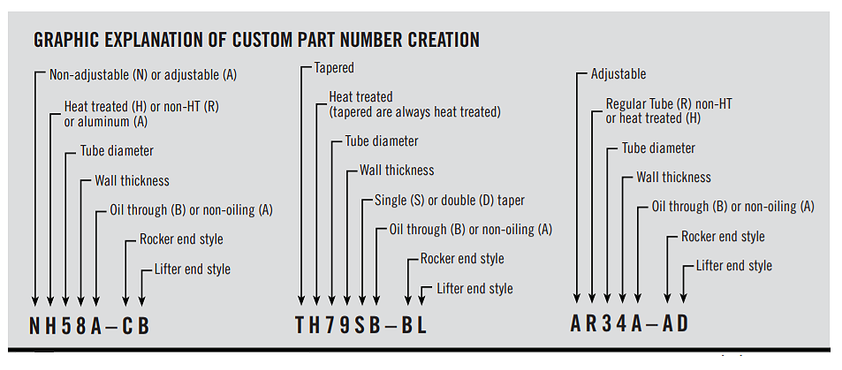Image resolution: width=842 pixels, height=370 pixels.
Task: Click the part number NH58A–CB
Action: pos(89,327)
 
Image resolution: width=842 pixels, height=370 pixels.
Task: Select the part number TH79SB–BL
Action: pos(360,325)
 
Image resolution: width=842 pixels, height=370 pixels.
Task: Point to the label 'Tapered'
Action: pos(334,68)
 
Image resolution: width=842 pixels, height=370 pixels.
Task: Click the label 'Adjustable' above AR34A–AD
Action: pos(618,74)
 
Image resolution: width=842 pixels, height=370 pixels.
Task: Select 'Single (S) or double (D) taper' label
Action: pos(450,200)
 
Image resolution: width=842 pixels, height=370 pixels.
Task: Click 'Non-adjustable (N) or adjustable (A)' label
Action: pos(143,75)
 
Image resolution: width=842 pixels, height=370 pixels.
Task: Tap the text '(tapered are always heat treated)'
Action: pos(414,112)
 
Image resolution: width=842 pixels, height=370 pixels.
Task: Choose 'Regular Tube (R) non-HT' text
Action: pos(669,103)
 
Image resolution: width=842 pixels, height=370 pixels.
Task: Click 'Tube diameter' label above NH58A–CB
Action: pos(117,151)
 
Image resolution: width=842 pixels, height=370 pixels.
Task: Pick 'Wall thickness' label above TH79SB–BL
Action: pos(397,170)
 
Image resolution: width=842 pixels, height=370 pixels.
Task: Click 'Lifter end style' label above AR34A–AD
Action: pos(734,266)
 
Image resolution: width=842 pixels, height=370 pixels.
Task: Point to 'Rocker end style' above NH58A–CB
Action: pos(181,239)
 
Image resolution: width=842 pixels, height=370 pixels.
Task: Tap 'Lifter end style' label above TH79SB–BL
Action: pos(474,289)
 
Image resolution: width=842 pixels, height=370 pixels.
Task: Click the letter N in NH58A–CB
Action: pos(35,327)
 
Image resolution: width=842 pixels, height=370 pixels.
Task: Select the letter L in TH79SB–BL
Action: pos(421,325)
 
